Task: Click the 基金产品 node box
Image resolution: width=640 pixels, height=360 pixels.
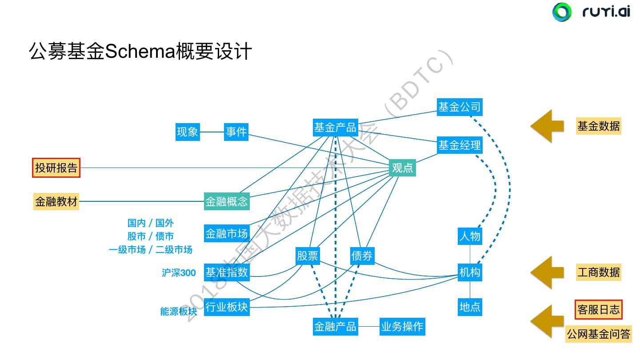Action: [x=335, y=128]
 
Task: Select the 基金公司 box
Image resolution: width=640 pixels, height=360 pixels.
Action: [x=459, y=107]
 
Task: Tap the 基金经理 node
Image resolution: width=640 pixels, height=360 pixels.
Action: [x=459, y=145]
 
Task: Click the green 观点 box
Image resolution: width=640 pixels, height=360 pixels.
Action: [x=402, y=168]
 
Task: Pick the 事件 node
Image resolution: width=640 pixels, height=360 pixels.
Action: [x=236, y=132]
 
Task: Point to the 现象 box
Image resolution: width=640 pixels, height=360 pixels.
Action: [x=188, y=132]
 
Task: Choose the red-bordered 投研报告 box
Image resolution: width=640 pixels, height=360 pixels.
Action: [x=56, y=168]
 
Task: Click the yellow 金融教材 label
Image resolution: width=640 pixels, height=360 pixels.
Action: [x=56, y=201]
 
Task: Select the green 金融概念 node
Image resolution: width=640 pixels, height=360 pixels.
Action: [x=227, y=201]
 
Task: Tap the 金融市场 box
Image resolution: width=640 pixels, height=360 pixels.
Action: [x=227, y=233]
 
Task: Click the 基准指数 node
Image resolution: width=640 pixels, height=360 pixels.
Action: [x=227, y=272]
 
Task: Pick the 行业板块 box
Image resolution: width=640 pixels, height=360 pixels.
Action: [x=227, y=307]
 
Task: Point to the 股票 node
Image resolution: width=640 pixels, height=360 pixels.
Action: [x=308, y=256]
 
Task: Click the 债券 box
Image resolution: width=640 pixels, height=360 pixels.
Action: [x=362, y=256]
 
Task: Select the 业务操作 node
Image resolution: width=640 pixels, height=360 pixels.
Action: [x=402, y=327]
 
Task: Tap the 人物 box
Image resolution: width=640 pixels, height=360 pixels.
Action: [x=470, y=236]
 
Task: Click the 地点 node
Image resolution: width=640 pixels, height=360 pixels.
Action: [x=470, y=307]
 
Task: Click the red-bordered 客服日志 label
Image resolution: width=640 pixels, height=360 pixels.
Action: [x=598, y=309]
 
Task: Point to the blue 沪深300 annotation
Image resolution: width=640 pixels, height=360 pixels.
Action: [x=179, y=273]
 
